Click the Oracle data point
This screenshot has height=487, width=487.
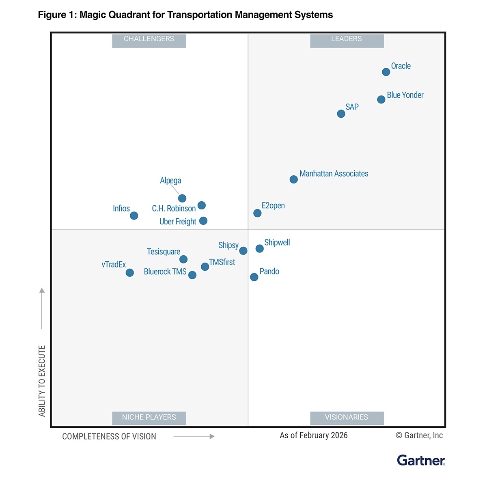[386, 72]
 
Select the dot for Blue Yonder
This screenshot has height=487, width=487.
[381, 99]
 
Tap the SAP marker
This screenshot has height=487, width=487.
[341, 114]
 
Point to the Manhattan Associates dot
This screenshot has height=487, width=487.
[293, 179]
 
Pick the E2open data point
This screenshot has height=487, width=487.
[257, 213]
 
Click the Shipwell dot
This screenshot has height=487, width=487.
[259, 248]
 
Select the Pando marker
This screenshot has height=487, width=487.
[254, 277]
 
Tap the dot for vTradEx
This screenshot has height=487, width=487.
[129, 273]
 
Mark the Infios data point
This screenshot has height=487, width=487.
[134, 215]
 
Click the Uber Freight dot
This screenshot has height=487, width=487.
[203, 221]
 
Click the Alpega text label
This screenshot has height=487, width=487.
[170, 181]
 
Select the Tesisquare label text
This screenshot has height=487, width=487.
[164, 252]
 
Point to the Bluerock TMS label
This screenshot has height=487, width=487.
[165, 272]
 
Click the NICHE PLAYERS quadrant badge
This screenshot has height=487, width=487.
[149, 418]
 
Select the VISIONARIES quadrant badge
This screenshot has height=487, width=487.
[347, 418]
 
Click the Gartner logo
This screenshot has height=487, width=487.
[421, 461]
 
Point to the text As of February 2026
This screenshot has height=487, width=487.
[314, 435]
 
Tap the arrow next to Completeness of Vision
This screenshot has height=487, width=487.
[194, 436]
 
